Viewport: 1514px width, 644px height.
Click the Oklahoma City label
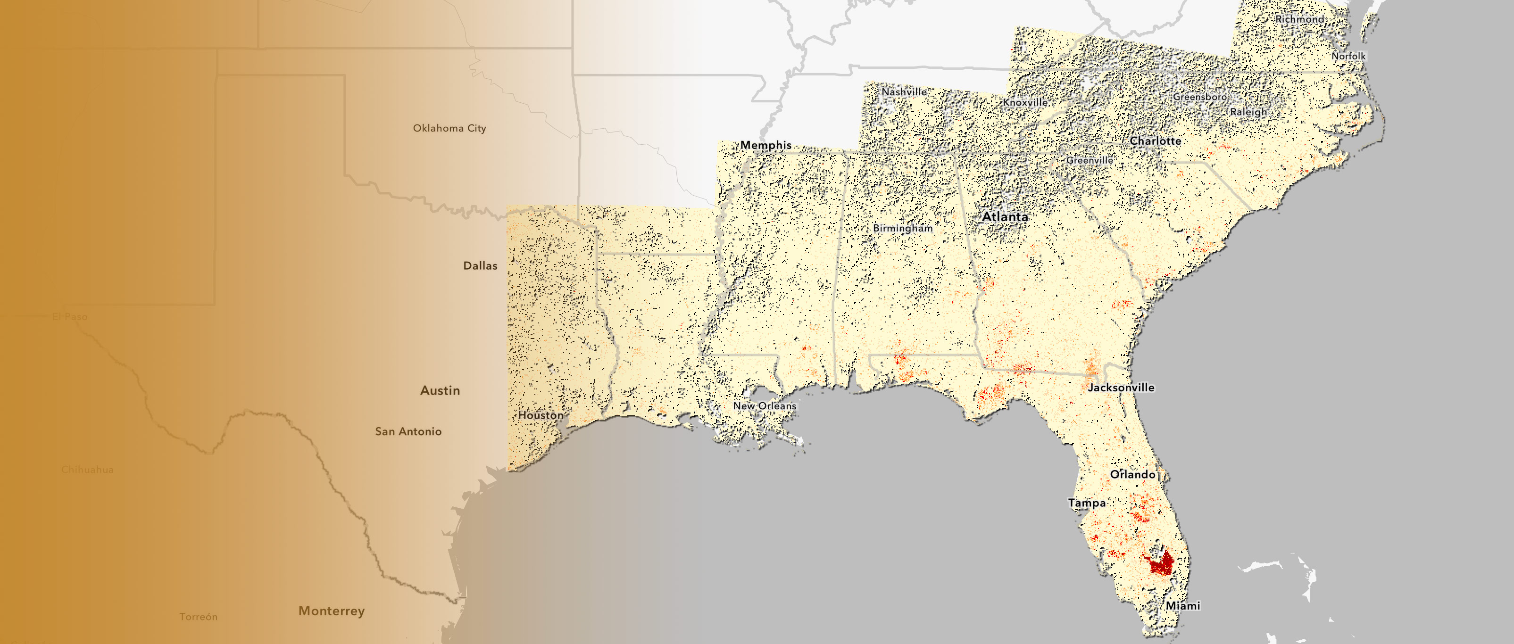pos(449,128)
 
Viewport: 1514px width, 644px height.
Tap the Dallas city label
pos(480,265)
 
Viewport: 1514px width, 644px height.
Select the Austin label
pos(440,391)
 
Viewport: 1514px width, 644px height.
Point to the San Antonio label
pos(408,431)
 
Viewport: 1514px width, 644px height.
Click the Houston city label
pos(540,415)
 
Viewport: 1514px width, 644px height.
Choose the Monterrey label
pos(332,611)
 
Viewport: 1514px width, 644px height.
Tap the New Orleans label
pos(764,405)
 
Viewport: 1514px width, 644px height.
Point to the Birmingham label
pos(902,228)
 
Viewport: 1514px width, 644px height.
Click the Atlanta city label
pos(1005,217)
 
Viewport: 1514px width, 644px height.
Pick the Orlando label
pos(1132,474)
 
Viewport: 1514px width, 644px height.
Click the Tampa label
pos(1086,503)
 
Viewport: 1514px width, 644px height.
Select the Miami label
pos(1182,606)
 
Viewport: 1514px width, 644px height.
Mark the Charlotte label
pos(1155,141)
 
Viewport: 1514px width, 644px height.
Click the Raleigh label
pos(1248,112)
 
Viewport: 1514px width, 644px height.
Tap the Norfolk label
pos(1348,56)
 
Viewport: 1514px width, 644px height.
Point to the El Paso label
pos(69,317)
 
